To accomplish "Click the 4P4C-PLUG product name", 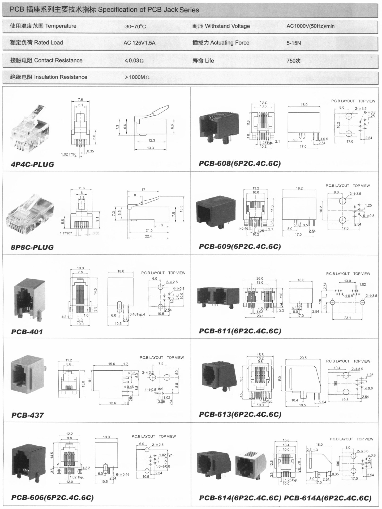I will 32,164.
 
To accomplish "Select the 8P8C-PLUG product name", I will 32,247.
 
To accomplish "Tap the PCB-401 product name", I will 27,332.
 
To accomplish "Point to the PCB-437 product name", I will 28,415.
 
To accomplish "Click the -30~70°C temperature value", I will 135,27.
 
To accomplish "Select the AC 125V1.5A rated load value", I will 139,43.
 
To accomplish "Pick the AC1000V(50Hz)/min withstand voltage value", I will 310,26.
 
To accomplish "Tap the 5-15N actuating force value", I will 294,43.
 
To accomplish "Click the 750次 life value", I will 293,61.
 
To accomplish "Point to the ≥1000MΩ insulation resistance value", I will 137,77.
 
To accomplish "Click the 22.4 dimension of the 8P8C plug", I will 148,236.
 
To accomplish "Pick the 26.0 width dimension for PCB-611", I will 260,278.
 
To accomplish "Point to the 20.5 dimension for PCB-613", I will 303,358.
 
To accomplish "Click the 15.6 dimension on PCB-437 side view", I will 111,364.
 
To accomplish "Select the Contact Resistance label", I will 46,60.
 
